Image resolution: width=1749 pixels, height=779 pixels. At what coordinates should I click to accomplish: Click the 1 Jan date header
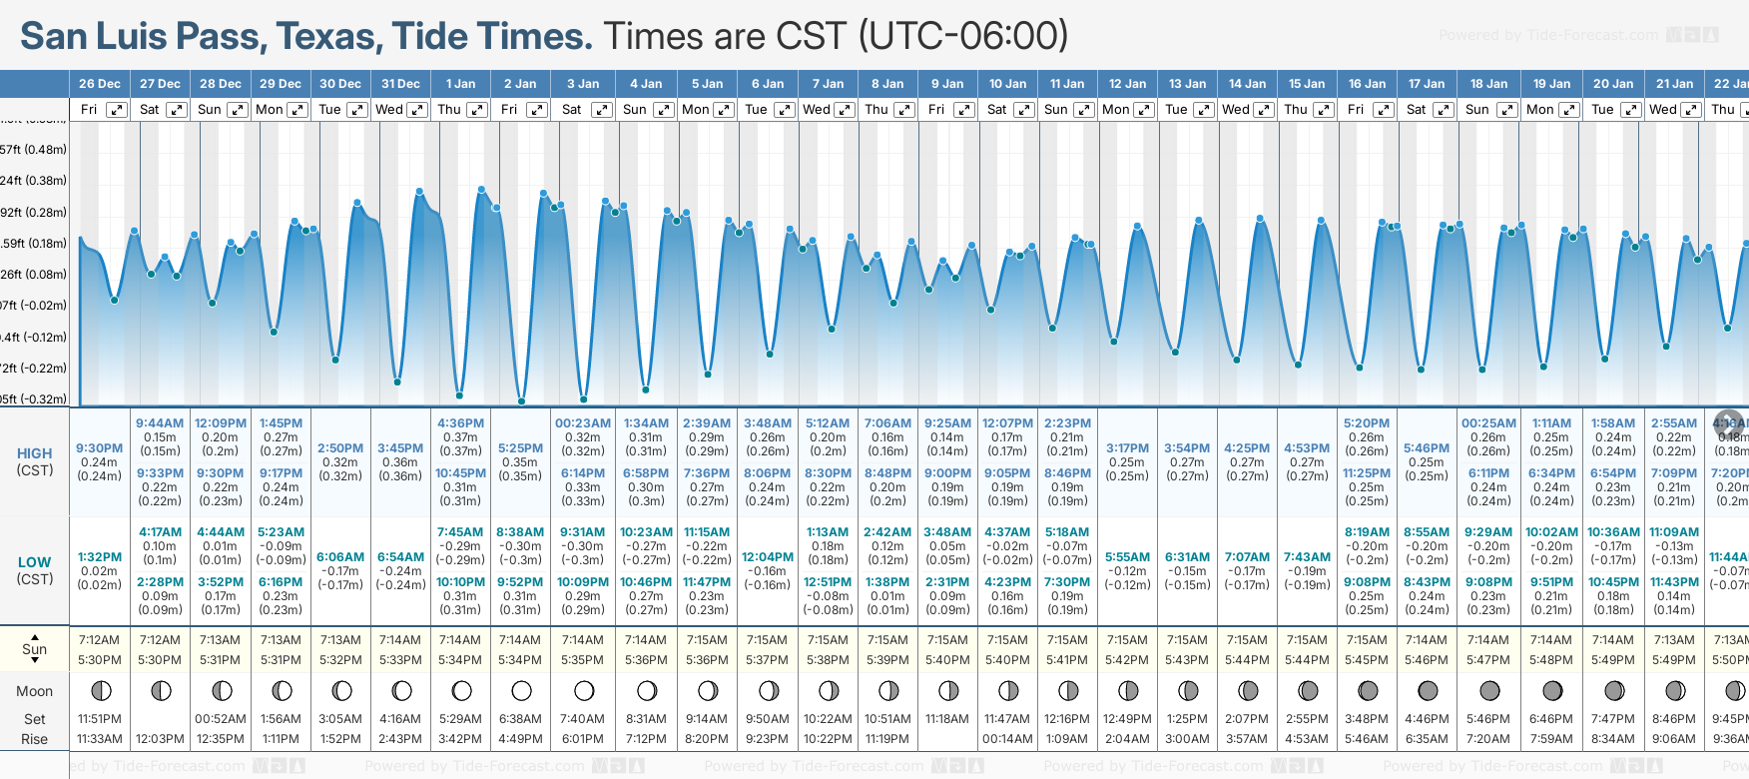460,84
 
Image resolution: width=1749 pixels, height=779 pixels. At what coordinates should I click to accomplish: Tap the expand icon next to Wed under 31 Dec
417,110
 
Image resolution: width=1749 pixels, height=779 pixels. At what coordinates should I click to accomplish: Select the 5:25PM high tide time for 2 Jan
520,448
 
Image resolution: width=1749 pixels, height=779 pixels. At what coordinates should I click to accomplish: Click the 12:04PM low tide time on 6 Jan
768,557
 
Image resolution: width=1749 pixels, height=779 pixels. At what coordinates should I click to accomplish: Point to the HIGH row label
34,453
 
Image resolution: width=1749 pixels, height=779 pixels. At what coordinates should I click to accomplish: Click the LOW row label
34,562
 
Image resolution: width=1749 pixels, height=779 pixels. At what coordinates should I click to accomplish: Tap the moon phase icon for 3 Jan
584,690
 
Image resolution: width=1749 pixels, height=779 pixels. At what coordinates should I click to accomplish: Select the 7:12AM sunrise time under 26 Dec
99,640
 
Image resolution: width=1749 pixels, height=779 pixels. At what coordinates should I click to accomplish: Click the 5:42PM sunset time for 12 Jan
1127,660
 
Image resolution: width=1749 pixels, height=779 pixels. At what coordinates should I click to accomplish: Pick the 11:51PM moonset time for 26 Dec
99,719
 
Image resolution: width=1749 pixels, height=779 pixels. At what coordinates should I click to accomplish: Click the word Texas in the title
328,36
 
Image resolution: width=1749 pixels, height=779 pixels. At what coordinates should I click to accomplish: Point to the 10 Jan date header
1007,84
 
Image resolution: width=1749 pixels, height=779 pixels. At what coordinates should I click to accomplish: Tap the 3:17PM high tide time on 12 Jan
1127,448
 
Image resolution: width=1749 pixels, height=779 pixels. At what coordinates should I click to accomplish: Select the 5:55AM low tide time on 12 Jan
1127,557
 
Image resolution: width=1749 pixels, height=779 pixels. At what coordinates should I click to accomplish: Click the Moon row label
34,691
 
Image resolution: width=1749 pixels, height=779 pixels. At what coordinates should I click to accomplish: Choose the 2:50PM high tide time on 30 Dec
340,448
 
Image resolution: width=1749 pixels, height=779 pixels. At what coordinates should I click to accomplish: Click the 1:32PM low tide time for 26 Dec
99,557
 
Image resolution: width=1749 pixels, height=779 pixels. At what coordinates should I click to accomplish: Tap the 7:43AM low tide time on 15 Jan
1307,557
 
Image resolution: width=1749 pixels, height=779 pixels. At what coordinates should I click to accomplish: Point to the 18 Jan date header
1488,84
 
